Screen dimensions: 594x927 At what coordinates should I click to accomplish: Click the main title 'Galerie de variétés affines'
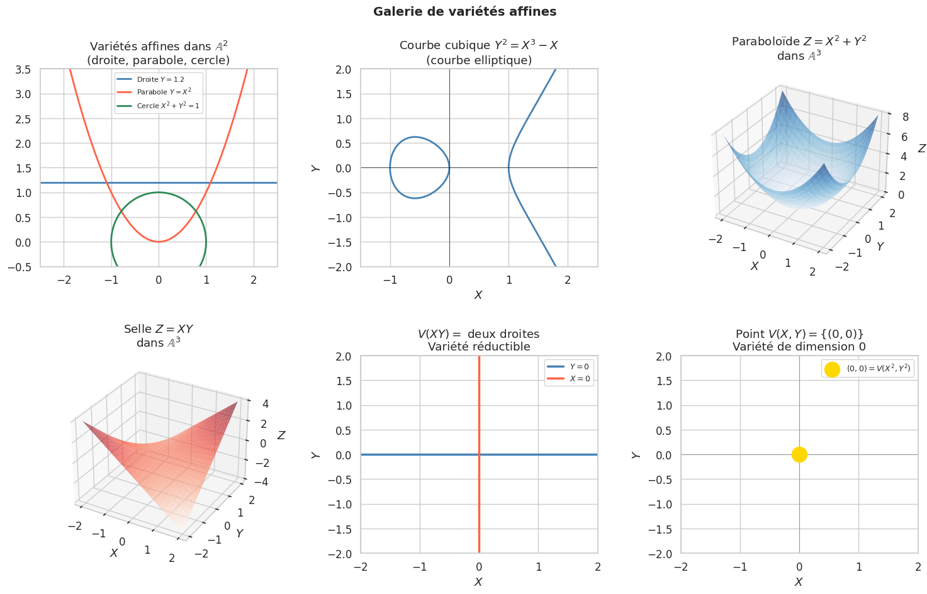tap(464, 11)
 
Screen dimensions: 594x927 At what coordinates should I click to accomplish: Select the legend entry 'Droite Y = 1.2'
tap(160, 79)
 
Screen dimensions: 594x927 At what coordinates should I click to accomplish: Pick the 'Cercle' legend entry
tap(167, 106)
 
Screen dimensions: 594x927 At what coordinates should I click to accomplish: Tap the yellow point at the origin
tap(799, 454)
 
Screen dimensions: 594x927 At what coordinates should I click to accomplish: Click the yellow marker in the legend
tap(832, 369)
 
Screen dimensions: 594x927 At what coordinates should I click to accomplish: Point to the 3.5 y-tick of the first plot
tap(23, 69)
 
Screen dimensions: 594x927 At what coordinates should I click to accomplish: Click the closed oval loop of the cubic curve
tap(391, 167)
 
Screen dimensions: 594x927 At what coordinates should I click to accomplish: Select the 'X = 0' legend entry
tap(580, 379)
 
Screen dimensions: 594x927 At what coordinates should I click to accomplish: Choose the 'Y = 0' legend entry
tap(579, 367)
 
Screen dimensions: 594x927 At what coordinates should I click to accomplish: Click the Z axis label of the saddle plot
tap(281, 435)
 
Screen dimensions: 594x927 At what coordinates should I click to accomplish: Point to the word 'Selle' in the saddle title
tap(137, 329)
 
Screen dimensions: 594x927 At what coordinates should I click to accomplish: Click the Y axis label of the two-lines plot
tap(317, 454)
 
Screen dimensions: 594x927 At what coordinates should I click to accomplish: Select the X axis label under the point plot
tap(799, 582)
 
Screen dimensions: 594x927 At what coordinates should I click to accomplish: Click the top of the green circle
tap(159, 193)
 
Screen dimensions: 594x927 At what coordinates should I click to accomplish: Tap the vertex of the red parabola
tap(159, 242)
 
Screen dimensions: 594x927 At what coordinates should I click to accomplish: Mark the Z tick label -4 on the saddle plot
tap(259, 482)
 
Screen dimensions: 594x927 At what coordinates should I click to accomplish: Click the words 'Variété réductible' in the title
tap(479, 347)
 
